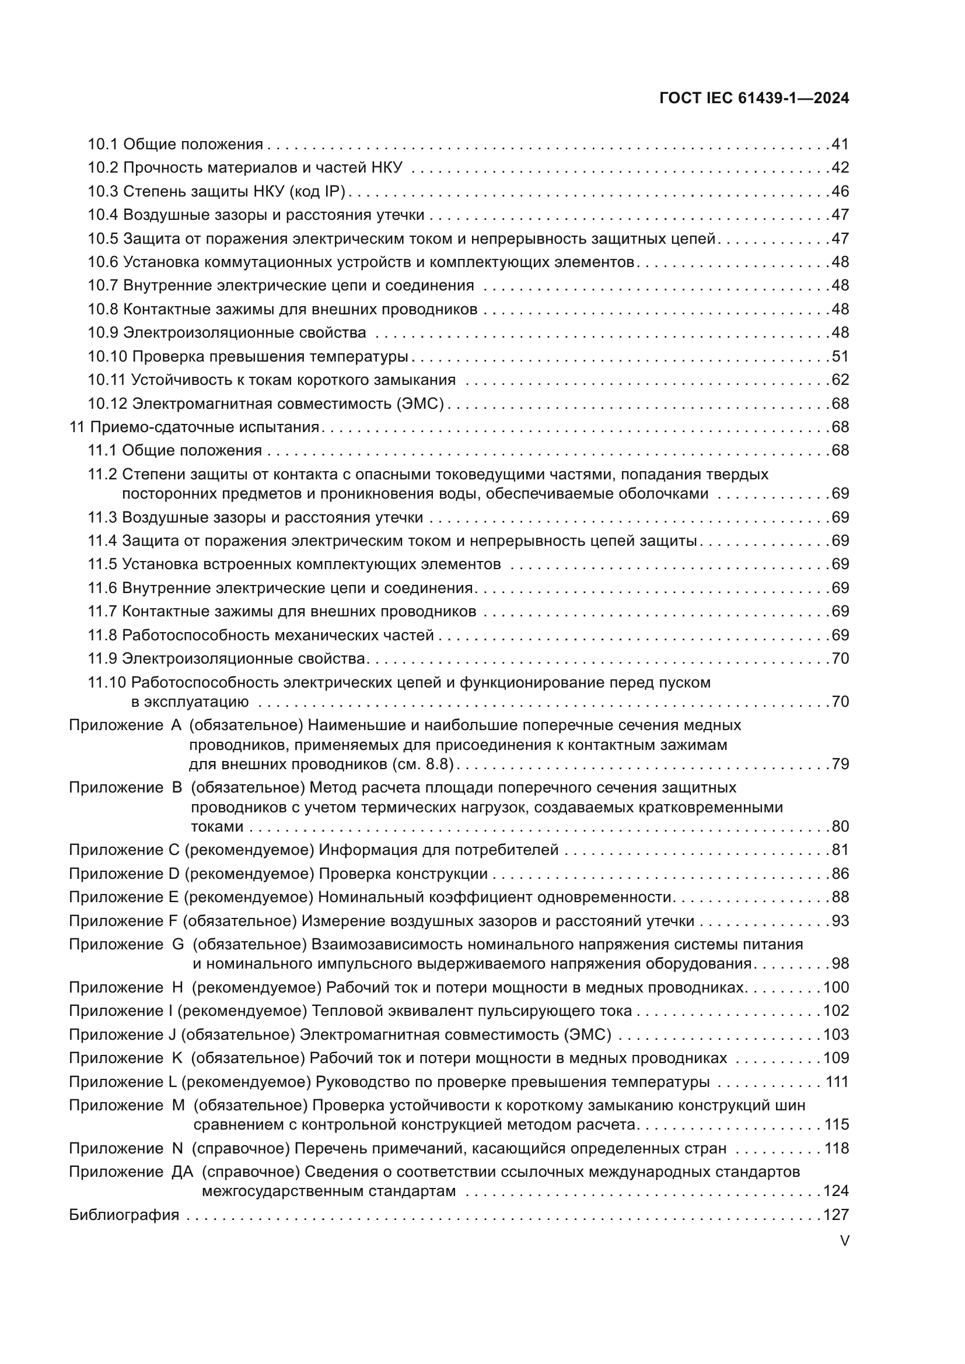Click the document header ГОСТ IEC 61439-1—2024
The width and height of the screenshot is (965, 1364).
(753, 99)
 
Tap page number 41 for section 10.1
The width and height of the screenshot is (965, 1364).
(840, 145)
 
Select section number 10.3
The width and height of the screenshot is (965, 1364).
(103, 191)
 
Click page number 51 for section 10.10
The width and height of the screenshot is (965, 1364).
(840, 356)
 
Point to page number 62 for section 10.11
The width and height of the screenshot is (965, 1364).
(840, 380)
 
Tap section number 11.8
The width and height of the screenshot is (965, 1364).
(102, 635)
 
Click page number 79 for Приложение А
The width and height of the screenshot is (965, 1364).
(840, 763)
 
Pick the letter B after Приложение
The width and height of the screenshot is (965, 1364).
(176, 788)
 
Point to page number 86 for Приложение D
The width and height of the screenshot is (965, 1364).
(840, 874)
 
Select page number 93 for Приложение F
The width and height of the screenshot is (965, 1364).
(840, 921)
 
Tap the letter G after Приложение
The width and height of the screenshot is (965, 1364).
(178, 945)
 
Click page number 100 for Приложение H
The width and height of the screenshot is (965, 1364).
(836, 987)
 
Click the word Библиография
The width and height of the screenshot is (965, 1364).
(124, 1215)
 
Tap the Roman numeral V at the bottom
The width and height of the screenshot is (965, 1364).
(844, 1241)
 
